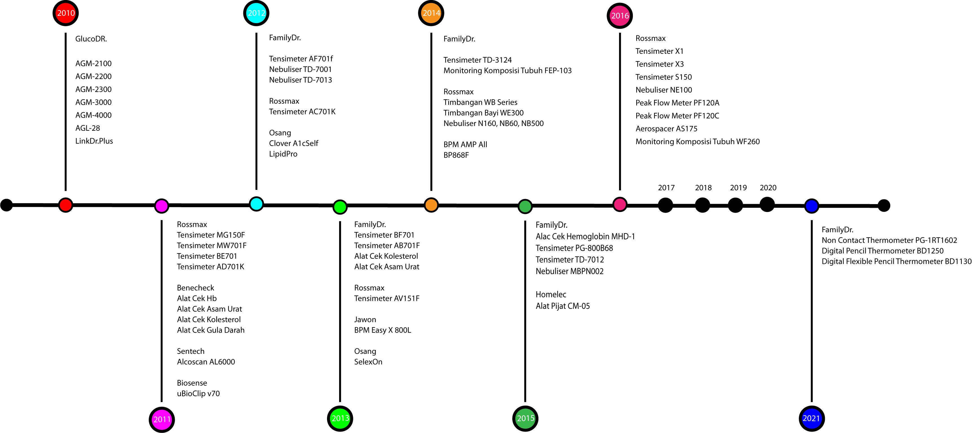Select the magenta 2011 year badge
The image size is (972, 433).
162,419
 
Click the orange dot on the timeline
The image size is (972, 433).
431,205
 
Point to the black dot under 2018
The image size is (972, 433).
702,205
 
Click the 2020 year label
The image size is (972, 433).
768,187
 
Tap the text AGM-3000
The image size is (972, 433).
93,102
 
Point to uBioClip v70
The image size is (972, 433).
198,394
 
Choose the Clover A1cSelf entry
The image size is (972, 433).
293,143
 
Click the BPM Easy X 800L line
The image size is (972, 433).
382,330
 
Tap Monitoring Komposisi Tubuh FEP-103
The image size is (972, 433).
507,70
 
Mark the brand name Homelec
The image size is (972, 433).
551,294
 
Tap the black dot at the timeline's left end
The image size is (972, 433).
6,205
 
